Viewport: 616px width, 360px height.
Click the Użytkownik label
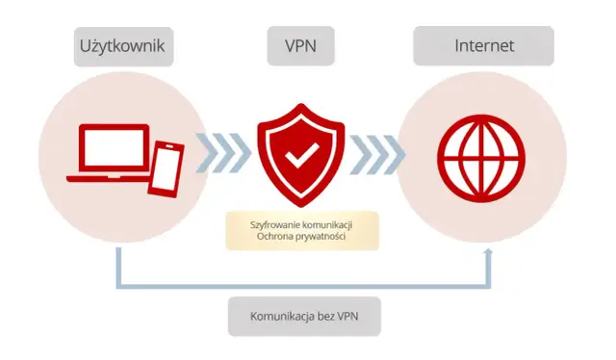coord(123,46)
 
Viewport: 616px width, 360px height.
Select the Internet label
coord(483,46)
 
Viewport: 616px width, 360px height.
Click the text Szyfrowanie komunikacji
coord(302,223)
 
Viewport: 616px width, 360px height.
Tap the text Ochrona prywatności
coord(302,237)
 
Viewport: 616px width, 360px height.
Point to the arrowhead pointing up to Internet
coord(488,252)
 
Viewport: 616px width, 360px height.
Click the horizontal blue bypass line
coord(303,286)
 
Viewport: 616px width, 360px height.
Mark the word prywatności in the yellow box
coord(325,237)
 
